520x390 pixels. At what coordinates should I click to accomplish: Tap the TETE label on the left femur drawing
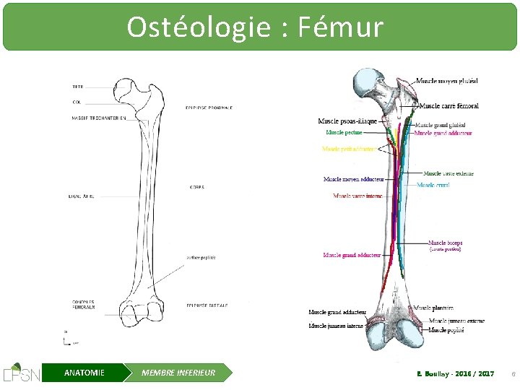[x=77, y=87]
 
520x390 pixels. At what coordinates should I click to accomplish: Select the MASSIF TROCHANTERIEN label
[x=99, y=118]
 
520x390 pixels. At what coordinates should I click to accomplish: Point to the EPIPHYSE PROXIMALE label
[x=209, y=108]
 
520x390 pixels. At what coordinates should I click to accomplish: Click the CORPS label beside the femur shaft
[x=196, y=187]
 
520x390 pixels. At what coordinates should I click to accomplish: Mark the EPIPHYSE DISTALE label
[x=207, y=305]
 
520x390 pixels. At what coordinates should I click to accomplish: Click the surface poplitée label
[x=201, y=258]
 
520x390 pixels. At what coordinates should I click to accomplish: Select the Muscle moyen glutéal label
[x=446, y=81]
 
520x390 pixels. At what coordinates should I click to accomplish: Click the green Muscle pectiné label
[x=344, y=132]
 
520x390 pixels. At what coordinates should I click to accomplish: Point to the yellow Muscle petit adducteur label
[x=348, y=149]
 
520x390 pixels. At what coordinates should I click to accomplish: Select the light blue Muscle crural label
[x=433, y=186]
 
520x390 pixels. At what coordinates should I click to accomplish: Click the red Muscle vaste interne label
[x=357, y=196]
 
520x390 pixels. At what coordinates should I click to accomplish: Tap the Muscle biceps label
[x=445, y=243]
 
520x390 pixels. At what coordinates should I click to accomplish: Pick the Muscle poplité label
[x=446, y=330]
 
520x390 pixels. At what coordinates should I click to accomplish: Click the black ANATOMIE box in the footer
[x=84, y=373]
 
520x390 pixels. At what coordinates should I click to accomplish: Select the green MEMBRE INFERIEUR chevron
[x=178, y=373]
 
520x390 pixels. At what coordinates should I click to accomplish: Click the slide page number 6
[x=512, y=373]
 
